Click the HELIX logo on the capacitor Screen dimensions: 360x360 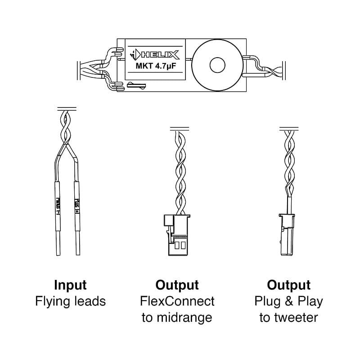tap(155, 55)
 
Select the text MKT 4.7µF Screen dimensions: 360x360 tap(155, 68)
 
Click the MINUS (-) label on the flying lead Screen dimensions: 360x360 tap(58, 202)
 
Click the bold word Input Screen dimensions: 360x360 tap(70, 285)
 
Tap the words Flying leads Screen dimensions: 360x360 tap(70, 301)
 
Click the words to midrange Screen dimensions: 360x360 tap(177, 317)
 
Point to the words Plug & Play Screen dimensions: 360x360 tap(288, 301)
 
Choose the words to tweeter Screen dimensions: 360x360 tap(288, 317)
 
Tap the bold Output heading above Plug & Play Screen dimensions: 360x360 tap(288, 285)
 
